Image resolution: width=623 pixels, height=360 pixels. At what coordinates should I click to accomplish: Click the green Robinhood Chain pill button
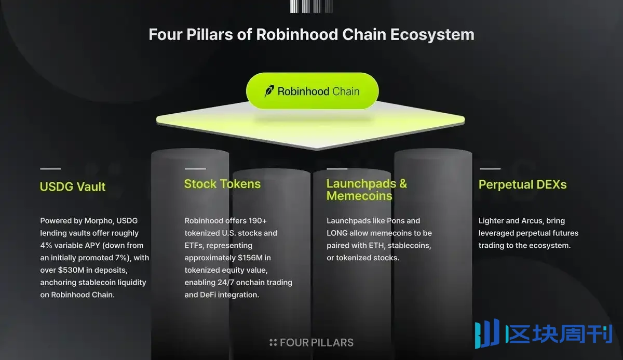[313, 91]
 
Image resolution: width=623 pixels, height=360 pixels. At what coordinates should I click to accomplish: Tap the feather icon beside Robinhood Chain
[269, 91]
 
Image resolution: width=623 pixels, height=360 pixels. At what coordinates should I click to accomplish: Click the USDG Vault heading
[73, 186]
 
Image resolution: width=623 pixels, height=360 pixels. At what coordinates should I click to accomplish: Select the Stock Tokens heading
[222, 184]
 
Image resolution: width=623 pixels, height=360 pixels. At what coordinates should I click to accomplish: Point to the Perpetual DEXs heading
[522, 185]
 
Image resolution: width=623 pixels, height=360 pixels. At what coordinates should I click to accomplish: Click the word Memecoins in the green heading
[359, 196]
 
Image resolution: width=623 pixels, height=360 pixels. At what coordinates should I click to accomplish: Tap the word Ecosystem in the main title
[432, 35]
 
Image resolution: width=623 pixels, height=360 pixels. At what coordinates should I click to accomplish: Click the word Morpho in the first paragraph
[99, 221]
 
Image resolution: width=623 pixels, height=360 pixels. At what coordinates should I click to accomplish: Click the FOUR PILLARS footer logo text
[317, 343]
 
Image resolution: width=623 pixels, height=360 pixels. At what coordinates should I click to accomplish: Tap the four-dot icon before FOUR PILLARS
[273, 342]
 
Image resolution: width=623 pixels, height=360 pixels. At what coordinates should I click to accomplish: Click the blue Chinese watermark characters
[559, 334]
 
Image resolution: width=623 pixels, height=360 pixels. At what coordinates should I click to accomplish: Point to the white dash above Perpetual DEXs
[490, 169]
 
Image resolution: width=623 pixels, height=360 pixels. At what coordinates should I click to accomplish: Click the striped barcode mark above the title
[311, 6]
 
